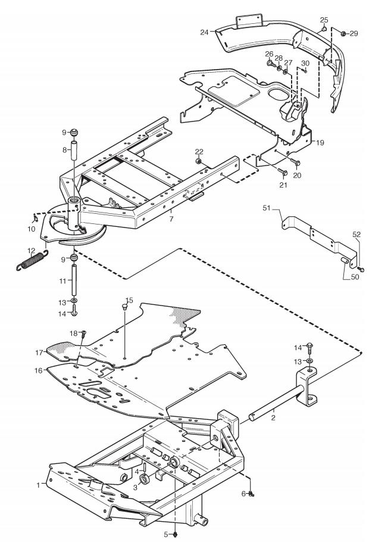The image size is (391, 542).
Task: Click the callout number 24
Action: point(204,32)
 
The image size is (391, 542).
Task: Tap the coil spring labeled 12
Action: point(32,259)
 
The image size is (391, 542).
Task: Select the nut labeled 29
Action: point(343,33)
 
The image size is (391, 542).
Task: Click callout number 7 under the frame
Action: point(171,219)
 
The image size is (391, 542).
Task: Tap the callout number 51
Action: point(267,208)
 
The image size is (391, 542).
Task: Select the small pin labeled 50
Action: point(345,261)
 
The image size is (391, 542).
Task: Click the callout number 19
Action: point(320,142)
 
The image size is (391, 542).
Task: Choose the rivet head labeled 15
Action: point(125,306)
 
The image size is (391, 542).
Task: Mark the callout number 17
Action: point(39,353)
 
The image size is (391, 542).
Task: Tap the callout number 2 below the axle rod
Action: point(273,418)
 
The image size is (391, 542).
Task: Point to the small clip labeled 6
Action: point(251,494)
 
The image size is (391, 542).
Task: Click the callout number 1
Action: point(38,485)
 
